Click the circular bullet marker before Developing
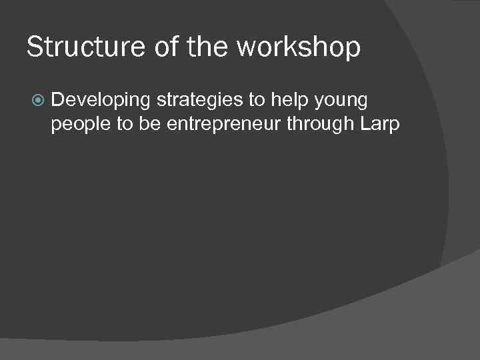(37, 101)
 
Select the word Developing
(101, 101)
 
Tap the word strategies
(197, 101)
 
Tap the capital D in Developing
(57, 100)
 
